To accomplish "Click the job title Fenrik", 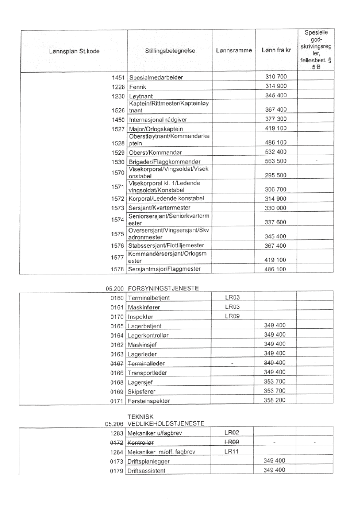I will pyautogui.click(x=138, y=86).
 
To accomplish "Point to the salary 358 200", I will pyautogui.click(x=275, y=400).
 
